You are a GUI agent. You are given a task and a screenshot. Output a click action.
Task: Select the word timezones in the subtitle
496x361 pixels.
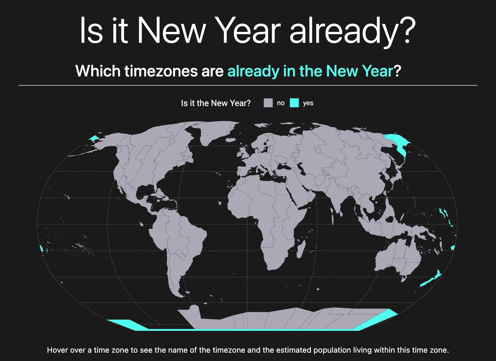[161, 71]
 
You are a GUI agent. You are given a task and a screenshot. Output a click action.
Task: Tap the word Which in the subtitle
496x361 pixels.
[98, 71]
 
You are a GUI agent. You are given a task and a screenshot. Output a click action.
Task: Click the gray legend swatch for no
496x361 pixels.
[268, 103]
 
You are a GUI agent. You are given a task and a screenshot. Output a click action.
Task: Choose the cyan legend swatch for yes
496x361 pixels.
[294, 103]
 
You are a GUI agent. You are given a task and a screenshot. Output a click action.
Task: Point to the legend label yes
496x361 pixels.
[308, 103]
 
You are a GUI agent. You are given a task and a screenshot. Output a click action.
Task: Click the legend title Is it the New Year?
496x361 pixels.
[216, 103]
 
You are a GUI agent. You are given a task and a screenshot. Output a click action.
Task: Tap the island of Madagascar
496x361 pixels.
[301, 249]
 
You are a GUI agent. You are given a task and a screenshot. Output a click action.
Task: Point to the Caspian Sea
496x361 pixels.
[301, 168]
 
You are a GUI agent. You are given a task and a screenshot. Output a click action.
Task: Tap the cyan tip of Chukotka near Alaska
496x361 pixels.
[94, 138]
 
